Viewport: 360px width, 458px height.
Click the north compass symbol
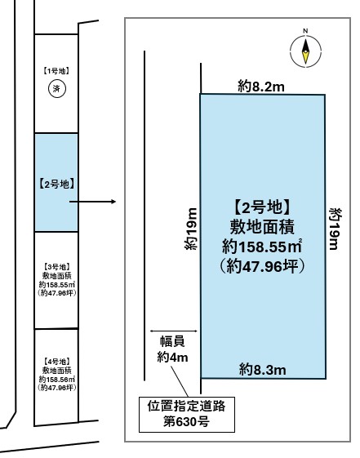[305, 51]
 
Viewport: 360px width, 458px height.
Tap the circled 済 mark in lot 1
[57, 88]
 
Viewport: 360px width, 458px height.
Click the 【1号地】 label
[56, 71]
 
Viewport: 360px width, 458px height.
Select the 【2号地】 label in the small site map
[56, 184]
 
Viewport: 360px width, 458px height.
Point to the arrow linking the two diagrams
[92, 202]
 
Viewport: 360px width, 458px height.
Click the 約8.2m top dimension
[260, 87]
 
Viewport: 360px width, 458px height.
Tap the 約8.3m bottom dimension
[262, 370]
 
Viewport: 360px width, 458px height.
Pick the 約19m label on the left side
[191, 229]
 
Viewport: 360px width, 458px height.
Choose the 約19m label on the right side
[336, 229]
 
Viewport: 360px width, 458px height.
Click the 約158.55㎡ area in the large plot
[261, 247]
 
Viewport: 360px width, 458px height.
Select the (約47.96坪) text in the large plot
[261, 266]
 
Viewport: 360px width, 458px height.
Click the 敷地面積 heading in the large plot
[261, 227]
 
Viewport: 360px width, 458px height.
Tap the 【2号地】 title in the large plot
[261, 207]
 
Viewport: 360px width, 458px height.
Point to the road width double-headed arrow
[174, 331]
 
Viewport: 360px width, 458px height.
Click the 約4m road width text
[172, 357]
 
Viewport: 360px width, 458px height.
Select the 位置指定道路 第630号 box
[187, 414]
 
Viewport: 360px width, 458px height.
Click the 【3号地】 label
[56, 267]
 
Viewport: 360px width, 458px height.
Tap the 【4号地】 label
[56, 362]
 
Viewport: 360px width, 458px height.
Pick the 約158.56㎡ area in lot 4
[56, 379]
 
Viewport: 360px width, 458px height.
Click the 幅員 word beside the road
[172, 341]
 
